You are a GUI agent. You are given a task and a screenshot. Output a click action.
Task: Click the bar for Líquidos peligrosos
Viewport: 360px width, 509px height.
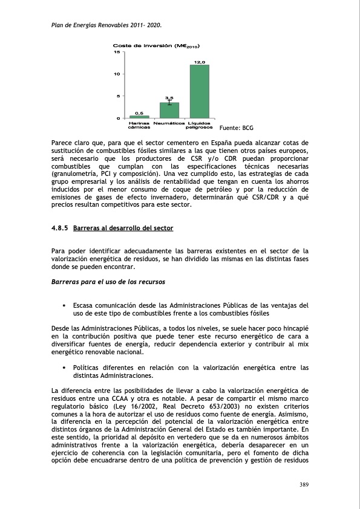199,91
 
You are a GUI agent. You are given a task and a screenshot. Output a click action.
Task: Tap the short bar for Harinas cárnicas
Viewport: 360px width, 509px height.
139,117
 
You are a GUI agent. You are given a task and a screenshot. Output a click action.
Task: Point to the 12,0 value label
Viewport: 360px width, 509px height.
199,62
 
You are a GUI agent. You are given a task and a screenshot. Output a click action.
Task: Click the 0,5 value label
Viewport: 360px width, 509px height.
139,112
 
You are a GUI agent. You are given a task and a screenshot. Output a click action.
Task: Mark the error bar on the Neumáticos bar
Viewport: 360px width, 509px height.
169,102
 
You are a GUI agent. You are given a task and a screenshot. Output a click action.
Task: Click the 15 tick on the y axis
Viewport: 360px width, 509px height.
117,52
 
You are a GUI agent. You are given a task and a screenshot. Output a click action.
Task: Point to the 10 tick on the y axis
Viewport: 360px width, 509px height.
117,74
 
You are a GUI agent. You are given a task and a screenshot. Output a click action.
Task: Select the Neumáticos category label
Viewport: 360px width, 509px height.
169,123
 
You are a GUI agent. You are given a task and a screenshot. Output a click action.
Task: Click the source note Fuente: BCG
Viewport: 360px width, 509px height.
236,128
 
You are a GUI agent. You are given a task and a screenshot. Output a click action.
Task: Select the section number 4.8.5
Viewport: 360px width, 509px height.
60,229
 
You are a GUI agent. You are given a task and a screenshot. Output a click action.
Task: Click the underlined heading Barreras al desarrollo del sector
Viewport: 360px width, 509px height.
123,229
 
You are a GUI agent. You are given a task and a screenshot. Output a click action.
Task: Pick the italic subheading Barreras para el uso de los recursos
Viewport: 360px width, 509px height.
108,282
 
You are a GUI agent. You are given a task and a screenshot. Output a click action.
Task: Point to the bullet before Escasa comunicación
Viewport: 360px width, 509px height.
64,305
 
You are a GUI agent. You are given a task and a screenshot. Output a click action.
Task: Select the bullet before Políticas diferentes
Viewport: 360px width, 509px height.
64,368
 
